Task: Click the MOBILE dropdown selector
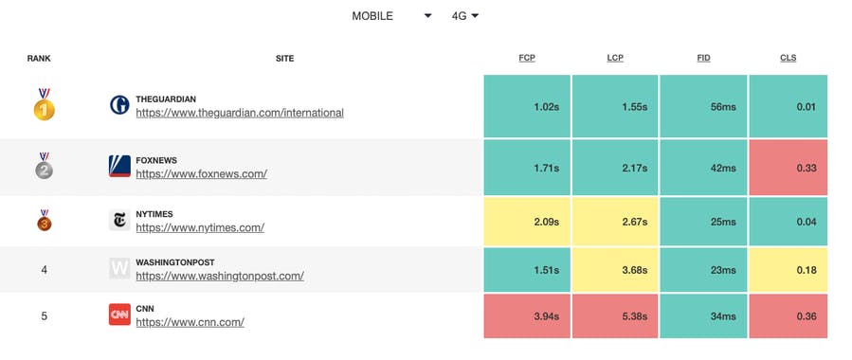(x=391, y=16)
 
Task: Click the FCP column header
(x=527, y=59)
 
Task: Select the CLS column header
(x=788, y=59)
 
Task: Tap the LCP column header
(x=615, y=59)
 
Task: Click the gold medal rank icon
(x=44, y=105)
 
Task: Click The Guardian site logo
(x=119, y=105)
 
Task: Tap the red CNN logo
(x=119, y=315)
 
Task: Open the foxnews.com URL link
(x=201, y=174)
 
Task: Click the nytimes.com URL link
(x=199, y=227)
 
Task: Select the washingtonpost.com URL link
(x=219, y=277)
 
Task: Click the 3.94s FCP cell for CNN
(x=527, y=316)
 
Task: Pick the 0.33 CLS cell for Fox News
(x=788, y=167)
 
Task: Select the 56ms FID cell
(x=703, y=107)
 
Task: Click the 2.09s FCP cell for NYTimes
(x=527, y=222)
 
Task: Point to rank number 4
(x=44, y=270)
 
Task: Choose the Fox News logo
(x=119, y=167)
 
